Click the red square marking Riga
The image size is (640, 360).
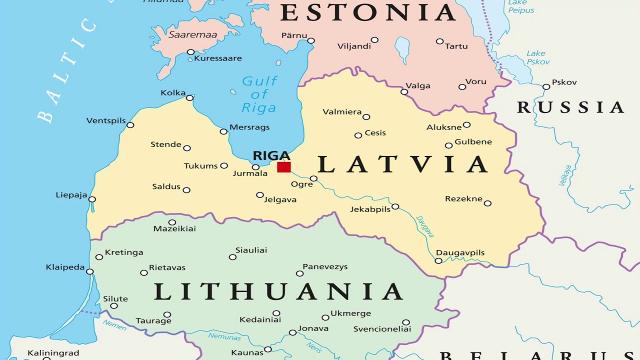(x=284, y=167)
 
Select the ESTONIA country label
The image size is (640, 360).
(x=366, y=13)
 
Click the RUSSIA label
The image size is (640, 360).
(x=570, y=107)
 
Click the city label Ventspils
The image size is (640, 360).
(x=106, y=121)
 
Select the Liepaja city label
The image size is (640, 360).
(x=71, y=194)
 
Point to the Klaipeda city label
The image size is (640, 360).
(x=66, y=266)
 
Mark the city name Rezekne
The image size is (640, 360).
(x=464, y=198)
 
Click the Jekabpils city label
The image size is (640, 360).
(x=369, y=209)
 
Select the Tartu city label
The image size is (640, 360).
(x=456, y=45)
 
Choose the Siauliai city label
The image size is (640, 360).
(x=250, y=251)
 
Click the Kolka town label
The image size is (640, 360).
(x=173, y=93)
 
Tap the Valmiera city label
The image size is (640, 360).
(x=343, y=112)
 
